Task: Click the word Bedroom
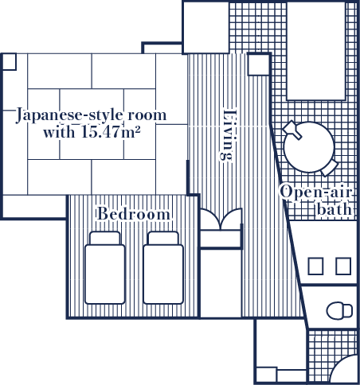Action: [134, 213]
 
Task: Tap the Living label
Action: [228, 135]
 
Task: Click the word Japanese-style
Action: [70, 115]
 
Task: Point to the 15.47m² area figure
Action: [111, 132]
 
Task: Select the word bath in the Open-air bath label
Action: [335, 209]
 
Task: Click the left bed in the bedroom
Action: [105, 268]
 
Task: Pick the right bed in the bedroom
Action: [163, 268]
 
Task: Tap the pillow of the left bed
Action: [105, 238]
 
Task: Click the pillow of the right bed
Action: [163, 238]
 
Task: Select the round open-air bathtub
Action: [309, 147]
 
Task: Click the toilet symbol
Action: [339, 310]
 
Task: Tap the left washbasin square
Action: [315, 266]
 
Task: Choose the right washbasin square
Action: [343, 266]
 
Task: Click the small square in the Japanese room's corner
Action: [10, 62]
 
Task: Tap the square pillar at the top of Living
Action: [259, 64]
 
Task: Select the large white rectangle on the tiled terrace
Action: [316, 51]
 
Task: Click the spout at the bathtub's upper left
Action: [292, 130]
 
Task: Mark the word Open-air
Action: [316, 192]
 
